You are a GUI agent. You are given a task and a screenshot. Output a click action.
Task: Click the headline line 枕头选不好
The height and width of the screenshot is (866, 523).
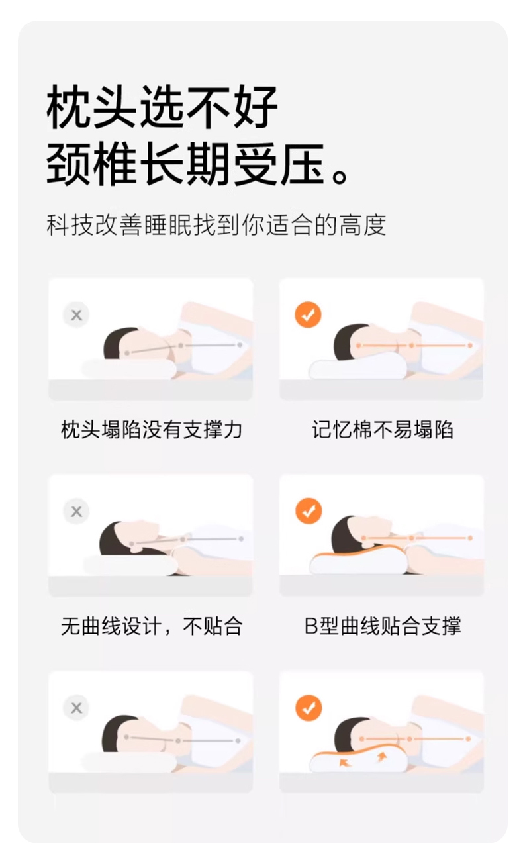(x=162, y=107)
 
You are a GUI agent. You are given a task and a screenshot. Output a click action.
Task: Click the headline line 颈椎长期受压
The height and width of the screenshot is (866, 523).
(x=185, y=165)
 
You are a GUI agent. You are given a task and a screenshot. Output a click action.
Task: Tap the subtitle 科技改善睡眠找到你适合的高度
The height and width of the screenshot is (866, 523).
(x=216, y=224)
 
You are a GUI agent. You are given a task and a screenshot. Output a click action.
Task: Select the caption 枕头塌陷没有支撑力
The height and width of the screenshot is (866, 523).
(x=152, y=430)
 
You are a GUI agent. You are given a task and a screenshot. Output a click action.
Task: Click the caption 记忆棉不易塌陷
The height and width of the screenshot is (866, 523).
(x=383, y=430)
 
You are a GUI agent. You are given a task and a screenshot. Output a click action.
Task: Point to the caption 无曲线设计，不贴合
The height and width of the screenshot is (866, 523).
(x=152, y=626)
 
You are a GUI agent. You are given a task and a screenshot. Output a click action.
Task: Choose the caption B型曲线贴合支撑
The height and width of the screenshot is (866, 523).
(x=383, y=626)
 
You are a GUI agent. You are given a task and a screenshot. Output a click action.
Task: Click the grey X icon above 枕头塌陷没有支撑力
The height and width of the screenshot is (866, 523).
(x=77, y=314)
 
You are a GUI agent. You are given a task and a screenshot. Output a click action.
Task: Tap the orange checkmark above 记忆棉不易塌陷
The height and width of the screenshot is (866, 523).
(x=308, y=314)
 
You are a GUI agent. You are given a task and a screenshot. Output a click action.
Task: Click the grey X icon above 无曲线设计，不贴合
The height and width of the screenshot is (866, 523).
(x=77, y=512)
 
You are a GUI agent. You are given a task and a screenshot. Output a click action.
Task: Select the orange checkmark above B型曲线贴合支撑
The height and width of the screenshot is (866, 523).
(x=309, y=511)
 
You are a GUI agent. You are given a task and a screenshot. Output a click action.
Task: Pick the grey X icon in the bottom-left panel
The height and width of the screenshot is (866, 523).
(x=77, y=708)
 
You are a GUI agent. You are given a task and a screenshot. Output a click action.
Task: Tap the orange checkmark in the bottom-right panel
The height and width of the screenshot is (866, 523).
(x=309, y=708)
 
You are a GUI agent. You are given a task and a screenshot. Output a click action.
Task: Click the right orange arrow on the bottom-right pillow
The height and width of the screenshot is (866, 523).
(x=382, y=756)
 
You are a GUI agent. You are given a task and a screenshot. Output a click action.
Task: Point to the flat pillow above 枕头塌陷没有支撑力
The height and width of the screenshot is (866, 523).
(x=128, y=368)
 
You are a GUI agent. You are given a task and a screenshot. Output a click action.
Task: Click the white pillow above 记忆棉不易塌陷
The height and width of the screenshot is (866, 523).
(x=357, y=365)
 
